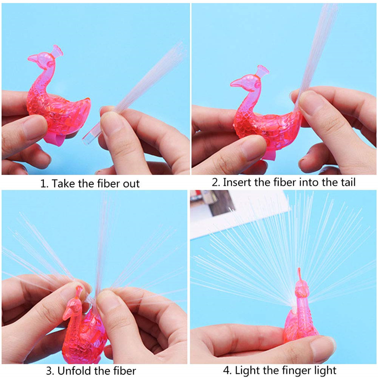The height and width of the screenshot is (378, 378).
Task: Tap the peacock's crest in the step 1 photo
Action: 58,50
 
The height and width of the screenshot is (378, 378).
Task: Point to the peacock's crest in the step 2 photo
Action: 263,72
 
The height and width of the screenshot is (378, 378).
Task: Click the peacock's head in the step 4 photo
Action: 300,289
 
